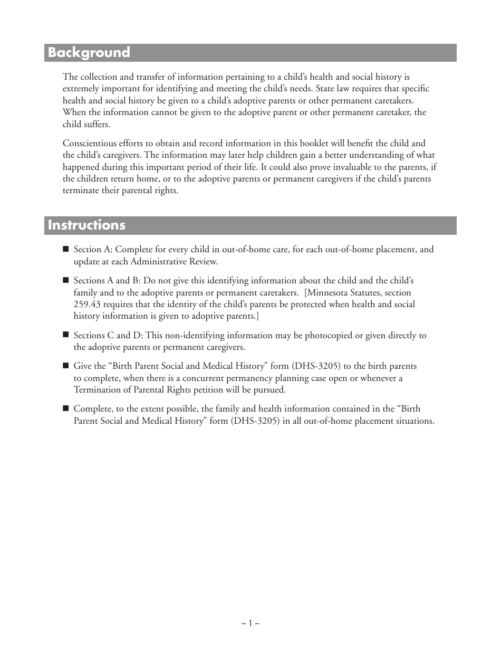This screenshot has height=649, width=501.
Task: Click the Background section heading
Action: (x=89, y=53)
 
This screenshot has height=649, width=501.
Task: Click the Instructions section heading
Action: (x=86, y=225)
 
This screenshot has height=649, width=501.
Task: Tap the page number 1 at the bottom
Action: (x=250, y=623)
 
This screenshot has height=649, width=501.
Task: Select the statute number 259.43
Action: (x=85, y=304)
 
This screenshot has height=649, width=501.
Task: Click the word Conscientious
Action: (x=90, y=144)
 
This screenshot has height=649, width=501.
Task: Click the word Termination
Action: (x=96, y=390)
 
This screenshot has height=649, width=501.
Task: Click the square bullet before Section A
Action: (x=66, y=249)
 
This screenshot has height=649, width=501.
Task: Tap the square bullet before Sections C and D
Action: (x=66, y=335)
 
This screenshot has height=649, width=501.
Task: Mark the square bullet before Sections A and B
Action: (x=66, y=281)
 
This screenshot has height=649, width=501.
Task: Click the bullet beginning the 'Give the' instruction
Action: (x=66, y=366)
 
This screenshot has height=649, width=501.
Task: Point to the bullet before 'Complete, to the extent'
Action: (x=66, y=408)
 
